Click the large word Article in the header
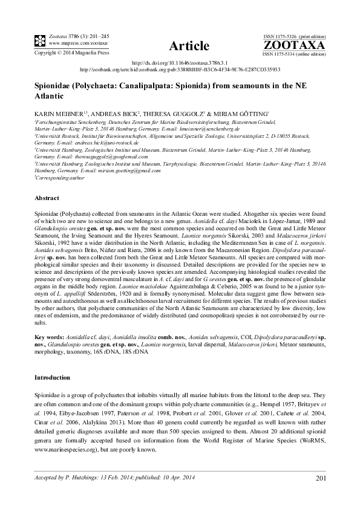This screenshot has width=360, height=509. [189, 46]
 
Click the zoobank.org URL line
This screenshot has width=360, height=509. [180, 70]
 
